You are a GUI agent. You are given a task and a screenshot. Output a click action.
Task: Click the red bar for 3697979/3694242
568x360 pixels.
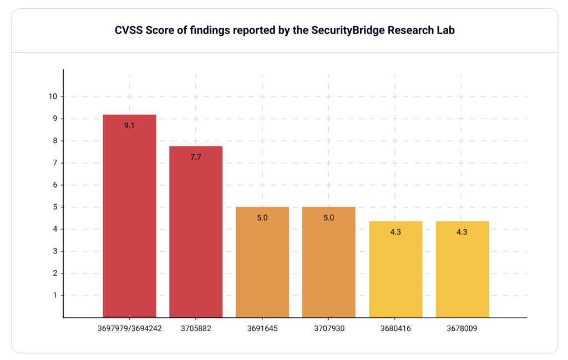[x=129, y=216]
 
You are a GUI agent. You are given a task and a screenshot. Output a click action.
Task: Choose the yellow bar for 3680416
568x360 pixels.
[x=395, y=270]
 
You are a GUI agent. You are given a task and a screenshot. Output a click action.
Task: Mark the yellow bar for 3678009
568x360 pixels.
[x=462, y=270]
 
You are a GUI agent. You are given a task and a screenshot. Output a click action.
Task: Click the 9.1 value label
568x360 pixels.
[x=129, y=126]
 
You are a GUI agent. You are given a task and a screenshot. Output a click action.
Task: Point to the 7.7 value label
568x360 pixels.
[x=196, y=157]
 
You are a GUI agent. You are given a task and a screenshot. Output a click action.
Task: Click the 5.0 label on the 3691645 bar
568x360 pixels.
[x=262, y=218]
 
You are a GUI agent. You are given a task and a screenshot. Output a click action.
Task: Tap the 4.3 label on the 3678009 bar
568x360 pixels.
[x=462, y=232]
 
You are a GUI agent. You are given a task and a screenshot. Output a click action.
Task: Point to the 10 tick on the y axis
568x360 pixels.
[x=53, y=97]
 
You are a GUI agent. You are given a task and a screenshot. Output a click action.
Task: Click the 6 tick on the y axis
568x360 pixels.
[x=55, y=185]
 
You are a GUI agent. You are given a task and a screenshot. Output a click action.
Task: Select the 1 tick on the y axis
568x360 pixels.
[x=55, y=296]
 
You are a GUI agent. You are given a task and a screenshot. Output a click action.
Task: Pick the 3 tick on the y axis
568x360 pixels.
[x=55, y=251]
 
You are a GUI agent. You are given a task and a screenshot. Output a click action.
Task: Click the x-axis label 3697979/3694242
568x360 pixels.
[x=129, y=328]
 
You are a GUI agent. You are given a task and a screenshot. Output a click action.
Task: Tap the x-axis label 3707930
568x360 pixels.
[x=329, y=328]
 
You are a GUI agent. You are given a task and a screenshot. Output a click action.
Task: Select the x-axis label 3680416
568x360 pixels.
[x=395, y=328]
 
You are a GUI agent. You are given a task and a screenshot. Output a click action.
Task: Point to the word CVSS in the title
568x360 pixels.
[x=128, y=31]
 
